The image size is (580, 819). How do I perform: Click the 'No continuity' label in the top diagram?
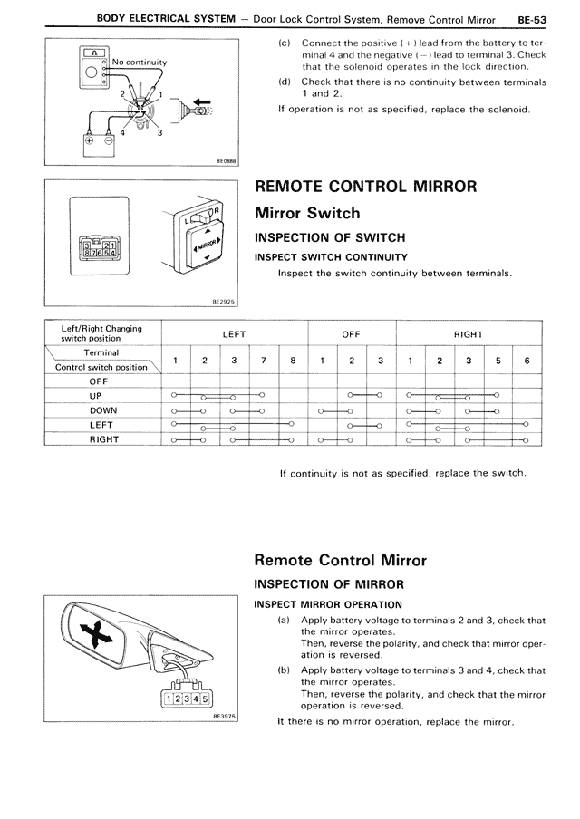140,62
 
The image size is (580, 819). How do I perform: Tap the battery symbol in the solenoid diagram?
98,140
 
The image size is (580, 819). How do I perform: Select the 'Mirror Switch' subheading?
307,214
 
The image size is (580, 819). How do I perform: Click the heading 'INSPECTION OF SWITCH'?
330,238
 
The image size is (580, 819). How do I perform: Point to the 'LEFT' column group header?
234,334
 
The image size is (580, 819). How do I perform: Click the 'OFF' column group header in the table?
352,334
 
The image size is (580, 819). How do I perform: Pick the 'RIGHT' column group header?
468,334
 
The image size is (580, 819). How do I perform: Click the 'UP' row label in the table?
97,396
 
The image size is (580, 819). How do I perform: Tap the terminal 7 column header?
263,360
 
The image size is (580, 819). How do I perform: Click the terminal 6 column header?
527,360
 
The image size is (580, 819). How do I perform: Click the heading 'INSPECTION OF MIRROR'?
329,583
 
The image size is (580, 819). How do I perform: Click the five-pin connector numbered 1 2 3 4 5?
184,699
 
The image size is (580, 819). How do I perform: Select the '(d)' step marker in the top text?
285,82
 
